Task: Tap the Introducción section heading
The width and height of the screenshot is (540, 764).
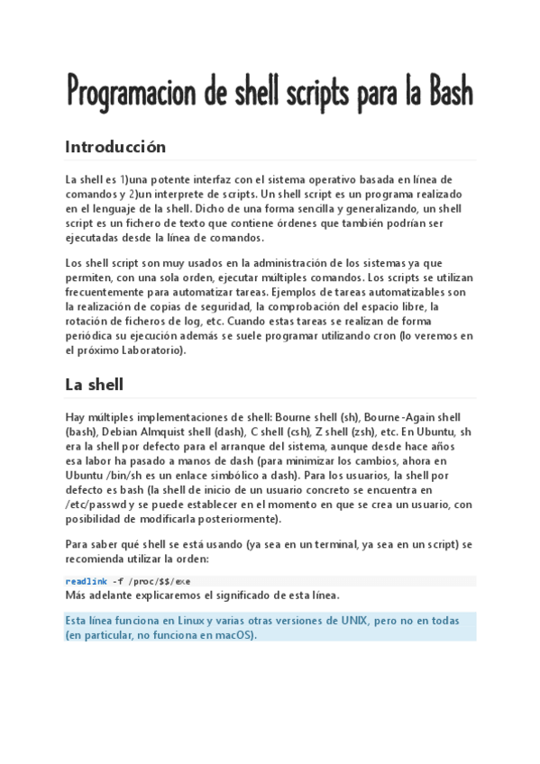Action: pyautogui.click(x=115, y=147)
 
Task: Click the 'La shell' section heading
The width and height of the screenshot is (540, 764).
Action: pyautogui.click(x=94, y=385)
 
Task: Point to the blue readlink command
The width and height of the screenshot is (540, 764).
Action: pyautogui.click(x=86, y=581)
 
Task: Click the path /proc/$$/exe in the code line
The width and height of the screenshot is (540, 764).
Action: pyautogui.click(x=160, y=581)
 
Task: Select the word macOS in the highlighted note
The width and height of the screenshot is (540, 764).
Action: pyautogui.click(x=234, y=634)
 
